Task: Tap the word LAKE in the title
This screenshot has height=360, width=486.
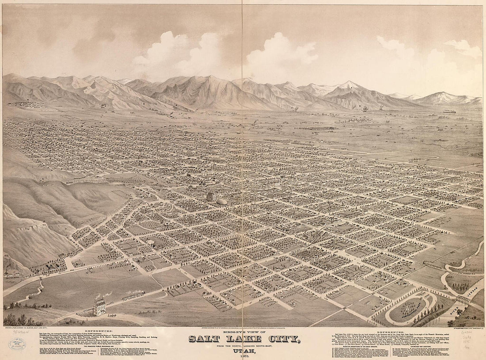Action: click(238, 339)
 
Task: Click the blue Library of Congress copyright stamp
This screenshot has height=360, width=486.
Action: click(17, 344)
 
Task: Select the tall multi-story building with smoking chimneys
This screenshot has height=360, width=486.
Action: click(99, 306)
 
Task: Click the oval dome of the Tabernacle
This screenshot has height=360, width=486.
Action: click(222, 201)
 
